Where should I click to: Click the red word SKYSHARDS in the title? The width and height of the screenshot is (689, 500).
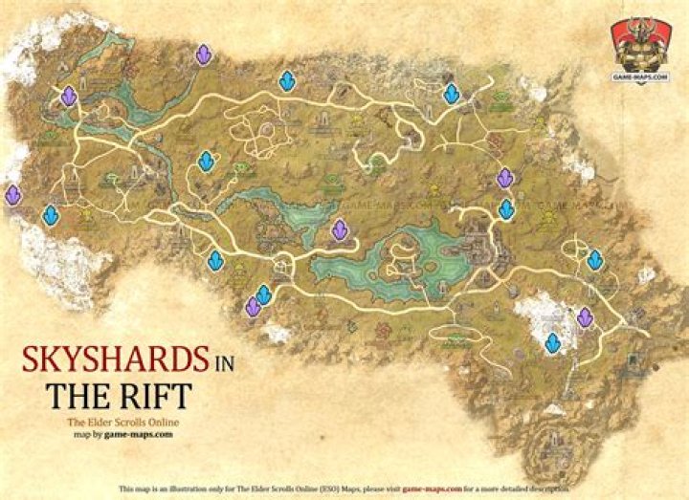click(x=116, y=360)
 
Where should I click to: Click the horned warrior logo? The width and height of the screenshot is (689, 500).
click(x=640, y=43)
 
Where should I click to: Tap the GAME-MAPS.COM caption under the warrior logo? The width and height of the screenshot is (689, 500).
click(x=640, y=76)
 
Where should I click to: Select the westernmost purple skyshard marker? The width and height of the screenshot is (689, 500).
click(x=12, y=195)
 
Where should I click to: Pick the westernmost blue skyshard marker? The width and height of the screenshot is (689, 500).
click(x=51, y=216)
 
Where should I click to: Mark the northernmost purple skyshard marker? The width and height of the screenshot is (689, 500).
click(x=203, y=54)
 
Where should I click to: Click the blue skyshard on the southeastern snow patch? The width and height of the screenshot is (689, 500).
click(x=553, y=342)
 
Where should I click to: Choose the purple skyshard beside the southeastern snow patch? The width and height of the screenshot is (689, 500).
click(x=585, y=316)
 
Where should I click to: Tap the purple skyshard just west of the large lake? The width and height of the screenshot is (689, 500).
click(x=339, y=230)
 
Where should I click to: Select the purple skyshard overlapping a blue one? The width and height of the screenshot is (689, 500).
click(x=253, y=307)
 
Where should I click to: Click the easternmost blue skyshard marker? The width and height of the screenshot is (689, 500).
click(x=595, y=259)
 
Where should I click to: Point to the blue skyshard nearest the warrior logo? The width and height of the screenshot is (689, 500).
click(x=452, y=94)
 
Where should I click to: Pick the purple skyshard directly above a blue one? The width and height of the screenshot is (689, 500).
click(x=505, y=178)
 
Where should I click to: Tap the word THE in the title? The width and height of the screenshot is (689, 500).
click(x=77, y=395)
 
